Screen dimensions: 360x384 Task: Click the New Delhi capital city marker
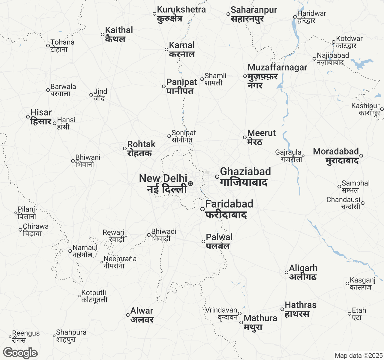coord(190,184)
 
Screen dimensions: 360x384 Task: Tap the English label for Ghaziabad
coord(245,171)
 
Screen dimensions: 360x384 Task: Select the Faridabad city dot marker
coord(202,209)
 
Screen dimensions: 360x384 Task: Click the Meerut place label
coord(261,133)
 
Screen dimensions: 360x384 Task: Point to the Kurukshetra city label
coord(181,10)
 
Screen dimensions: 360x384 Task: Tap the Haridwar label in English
coord(311,13)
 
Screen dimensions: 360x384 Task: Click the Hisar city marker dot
coord(28,117)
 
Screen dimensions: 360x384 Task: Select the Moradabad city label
coord(336,151)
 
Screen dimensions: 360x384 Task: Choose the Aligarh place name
coord(303,268)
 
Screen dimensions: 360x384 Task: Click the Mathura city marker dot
coord(241,322)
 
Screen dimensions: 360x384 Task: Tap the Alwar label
coord(142,311)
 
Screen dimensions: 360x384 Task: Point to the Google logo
coord(20,353)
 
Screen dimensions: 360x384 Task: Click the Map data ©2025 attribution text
coord(358,356)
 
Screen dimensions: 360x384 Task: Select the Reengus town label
coord(26,333)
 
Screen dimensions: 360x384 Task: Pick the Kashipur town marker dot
coord(382,109)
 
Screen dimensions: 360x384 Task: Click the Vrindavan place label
coord(221,310)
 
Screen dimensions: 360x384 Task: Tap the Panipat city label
coord(181,82)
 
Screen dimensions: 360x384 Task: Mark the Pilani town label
coord(26,209)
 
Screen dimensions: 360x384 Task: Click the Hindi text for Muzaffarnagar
coord(262,81)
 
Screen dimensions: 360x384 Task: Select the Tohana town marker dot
coord(48,46)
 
